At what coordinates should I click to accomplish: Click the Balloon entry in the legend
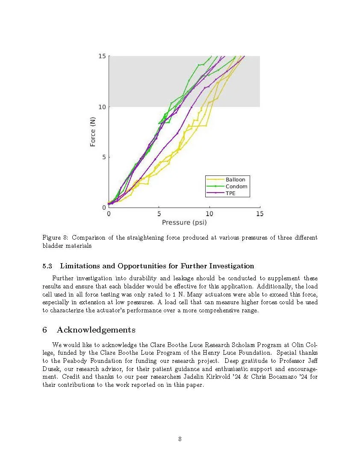tap(235, 180)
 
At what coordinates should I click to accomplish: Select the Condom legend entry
tap(236, 187)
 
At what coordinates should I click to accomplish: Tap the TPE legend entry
tap(230, 193)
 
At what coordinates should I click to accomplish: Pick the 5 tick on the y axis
tap(104, 157)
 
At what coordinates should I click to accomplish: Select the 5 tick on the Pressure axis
tap(159, 214)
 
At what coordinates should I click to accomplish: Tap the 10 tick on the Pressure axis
tap(210, 214)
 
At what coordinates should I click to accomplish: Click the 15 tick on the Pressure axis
tap(260, 214)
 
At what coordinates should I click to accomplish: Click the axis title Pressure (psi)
tap(184, 222)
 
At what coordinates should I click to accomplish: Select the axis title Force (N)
tap(93, 132)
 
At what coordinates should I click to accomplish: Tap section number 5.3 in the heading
tap(47, 266)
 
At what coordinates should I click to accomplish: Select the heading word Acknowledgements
tap(96, 330)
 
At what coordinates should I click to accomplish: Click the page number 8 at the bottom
tap(180, 439)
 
